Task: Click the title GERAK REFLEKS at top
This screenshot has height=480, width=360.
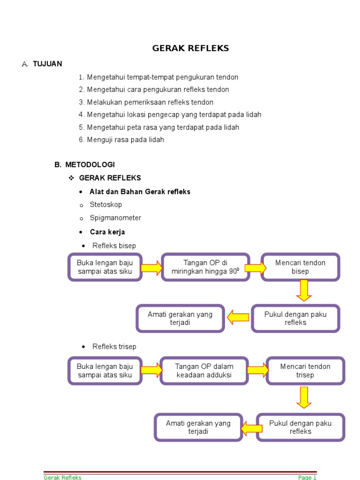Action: (x=190, y=49)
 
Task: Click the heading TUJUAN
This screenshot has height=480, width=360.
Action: (x=47, y=64)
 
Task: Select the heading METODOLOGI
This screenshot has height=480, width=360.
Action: (x=90, y=165)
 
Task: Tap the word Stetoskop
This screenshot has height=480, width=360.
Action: (x=105, y=205)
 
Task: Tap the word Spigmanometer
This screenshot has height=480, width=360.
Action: (x=115, y=218)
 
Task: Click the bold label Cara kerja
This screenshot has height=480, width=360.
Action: (x=107, y=232)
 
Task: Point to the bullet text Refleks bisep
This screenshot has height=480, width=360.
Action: (x=114, y=246)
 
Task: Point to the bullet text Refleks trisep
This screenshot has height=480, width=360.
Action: (x=114, y=346)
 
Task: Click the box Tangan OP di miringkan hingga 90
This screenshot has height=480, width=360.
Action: (x=205, y=267)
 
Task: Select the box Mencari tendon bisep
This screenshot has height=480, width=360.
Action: (x=300, y=267)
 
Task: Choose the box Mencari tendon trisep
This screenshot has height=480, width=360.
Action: (x=305, y=371)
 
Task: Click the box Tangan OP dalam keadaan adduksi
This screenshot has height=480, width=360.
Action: (x=204, y=371)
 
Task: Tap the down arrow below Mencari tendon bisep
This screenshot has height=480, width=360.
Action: (x=304, y=290)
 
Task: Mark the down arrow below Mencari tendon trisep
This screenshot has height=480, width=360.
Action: (x=304, y=397)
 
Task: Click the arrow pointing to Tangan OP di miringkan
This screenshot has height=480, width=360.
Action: (x=151, y=268)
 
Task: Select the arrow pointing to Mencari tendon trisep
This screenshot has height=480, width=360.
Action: (x=257, y=370)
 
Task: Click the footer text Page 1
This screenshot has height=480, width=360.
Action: (x=307, y=477)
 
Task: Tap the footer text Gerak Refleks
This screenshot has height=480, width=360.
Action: (x=62, y=477)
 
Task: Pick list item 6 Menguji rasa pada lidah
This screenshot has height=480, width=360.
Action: (x=125, y=140)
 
